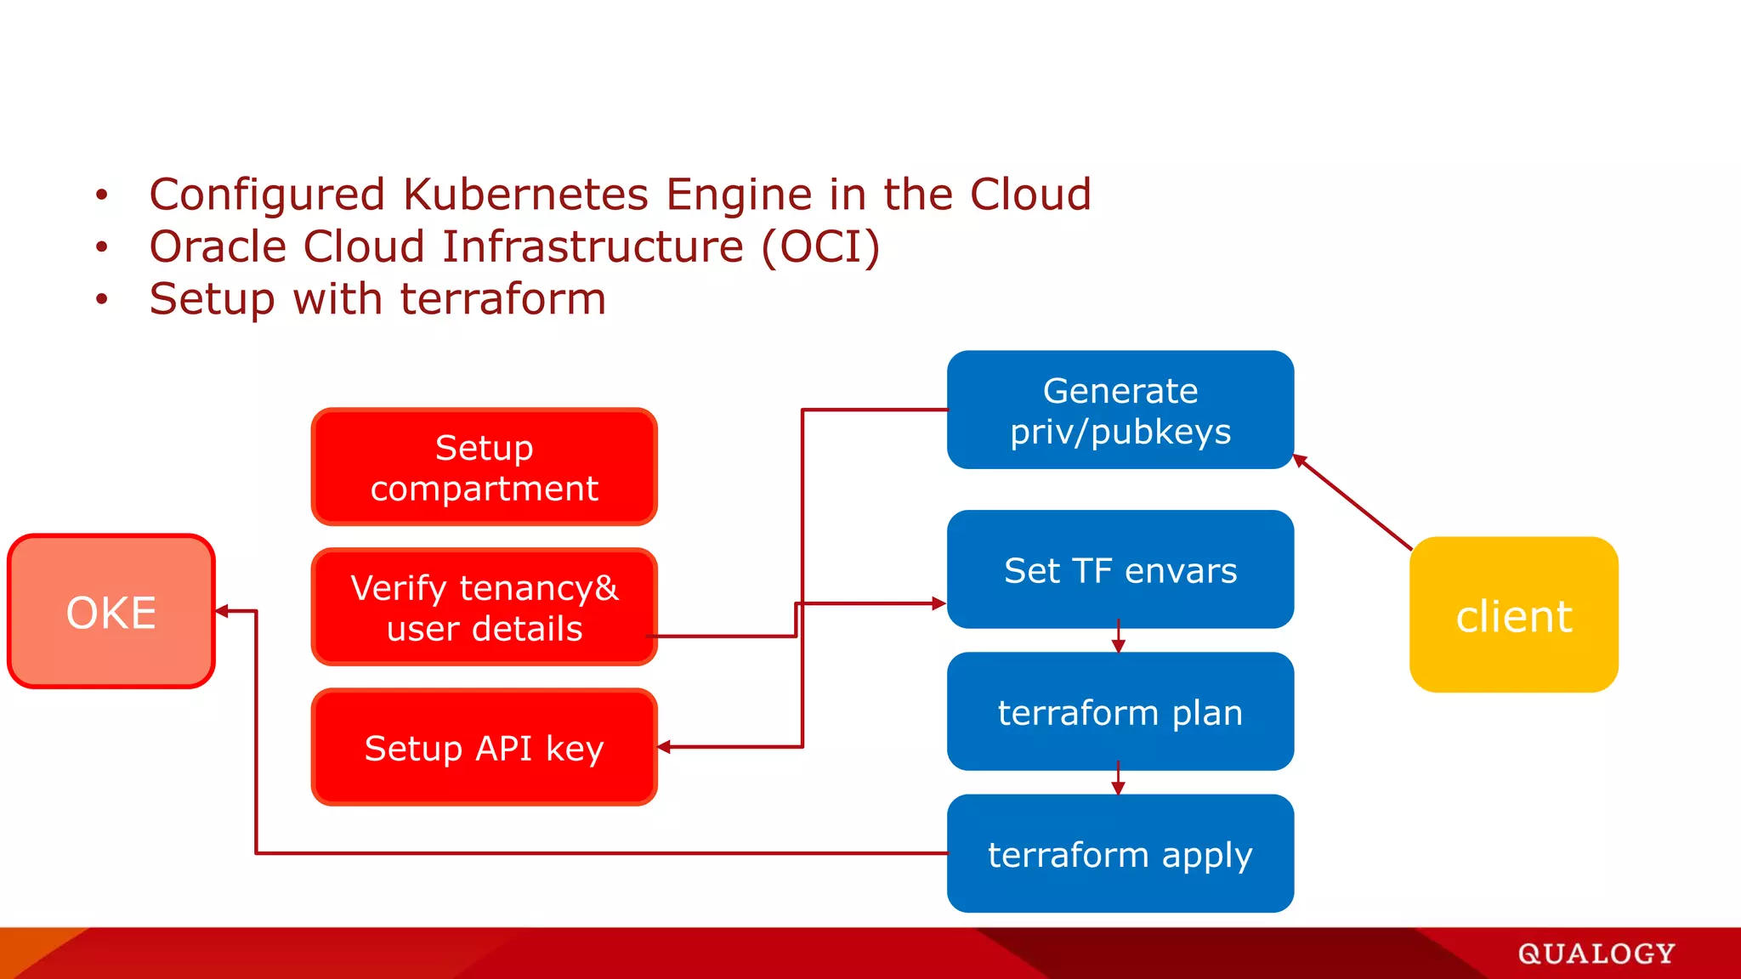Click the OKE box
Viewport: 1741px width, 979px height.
[x=111, y=611]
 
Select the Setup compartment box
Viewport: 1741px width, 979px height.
[x=484, y=467]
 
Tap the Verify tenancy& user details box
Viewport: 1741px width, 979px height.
[x=484, y=607]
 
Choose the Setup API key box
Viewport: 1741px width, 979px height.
[x=484, y=747]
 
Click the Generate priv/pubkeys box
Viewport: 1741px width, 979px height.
[x=1120, y=410]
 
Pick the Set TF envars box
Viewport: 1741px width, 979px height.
[x=1120, y=569]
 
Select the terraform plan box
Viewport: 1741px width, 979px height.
[x=1120, y=711]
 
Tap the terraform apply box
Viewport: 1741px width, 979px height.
[x=1120, y=853]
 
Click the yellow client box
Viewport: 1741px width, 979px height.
[x=1513, y=614]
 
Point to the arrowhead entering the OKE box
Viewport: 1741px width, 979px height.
[x=223, y=610]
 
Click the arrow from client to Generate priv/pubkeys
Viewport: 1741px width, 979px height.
[x=1352, y=502]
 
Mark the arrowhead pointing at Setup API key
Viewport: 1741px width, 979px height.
[x=665, y=747]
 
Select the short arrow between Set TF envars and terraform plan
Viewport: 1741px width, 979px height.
[x=1118, y=638]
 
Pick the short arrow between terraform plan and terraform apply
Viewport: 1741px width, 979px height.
[x=1118, y=780]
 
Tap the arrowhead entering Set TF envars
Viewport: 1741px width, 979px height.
[x=938, y=603]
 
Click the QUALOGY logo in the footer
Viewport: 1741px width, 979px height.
[x=1596, y=954]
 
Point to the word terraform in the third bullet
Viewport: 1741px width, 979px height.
[x=502, y=299]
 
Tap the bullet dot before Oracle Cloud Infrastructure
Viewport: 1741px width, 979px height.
[x=102, y=247]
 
